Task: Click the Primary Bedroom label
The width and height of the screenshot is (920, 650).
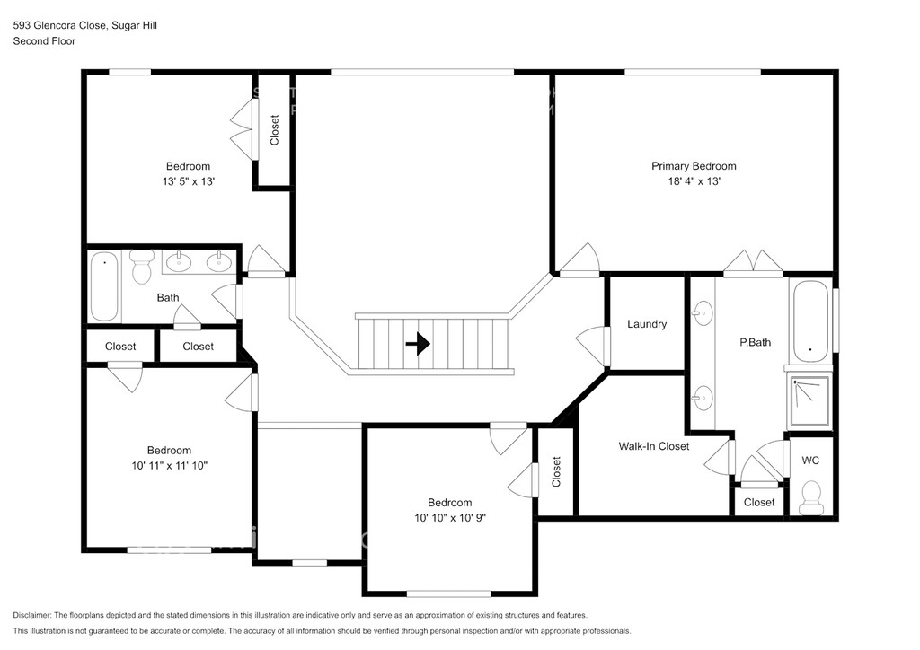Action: pos(694,166)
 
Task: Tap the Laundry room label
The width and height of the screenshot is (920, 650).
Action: pos(647,324)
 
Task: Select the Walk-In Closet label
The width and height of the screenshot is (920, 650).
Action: pos(654,446)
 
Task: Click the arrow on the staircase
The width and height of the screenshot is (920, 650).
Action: pos(418,344)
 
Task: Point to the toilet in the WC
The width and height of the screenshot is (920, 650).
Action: pos(811,497)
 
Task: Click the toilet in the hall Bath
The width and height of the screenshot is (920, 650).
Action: pos(141,267)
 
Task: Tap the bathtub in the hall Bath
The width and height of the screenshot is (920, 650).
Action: pos(104,286)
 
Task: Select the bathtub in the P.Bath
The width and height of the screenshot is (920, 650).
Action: pos(811,321)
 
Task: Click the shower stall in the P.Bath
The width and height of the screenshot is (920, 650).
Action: pos(809,401)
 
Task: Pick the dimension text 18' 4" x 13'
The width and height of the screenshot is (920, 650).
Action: pos(694,181)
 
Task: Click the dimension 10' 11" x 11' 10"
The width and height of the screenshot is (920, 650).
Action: pos(169,465)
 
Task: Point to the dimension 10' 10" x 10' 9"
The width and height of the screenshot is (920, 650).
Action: pos(449,517)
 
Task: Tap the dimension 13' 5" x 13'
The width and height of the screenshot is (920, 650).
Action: pos(189,181)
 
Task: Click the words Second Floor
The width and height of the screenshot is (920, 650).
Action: pos(44,41)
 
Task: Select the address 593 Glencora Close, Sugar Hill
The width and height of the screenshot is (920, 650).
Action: pos(85,25)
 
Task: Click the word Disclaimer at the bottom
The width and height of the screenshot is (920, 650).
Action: pos(31,615)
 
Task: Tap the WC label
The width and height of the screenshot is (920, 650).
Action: pos(810,461)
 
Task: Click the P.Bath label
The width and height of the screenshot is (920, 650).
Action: pos(755,342)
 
